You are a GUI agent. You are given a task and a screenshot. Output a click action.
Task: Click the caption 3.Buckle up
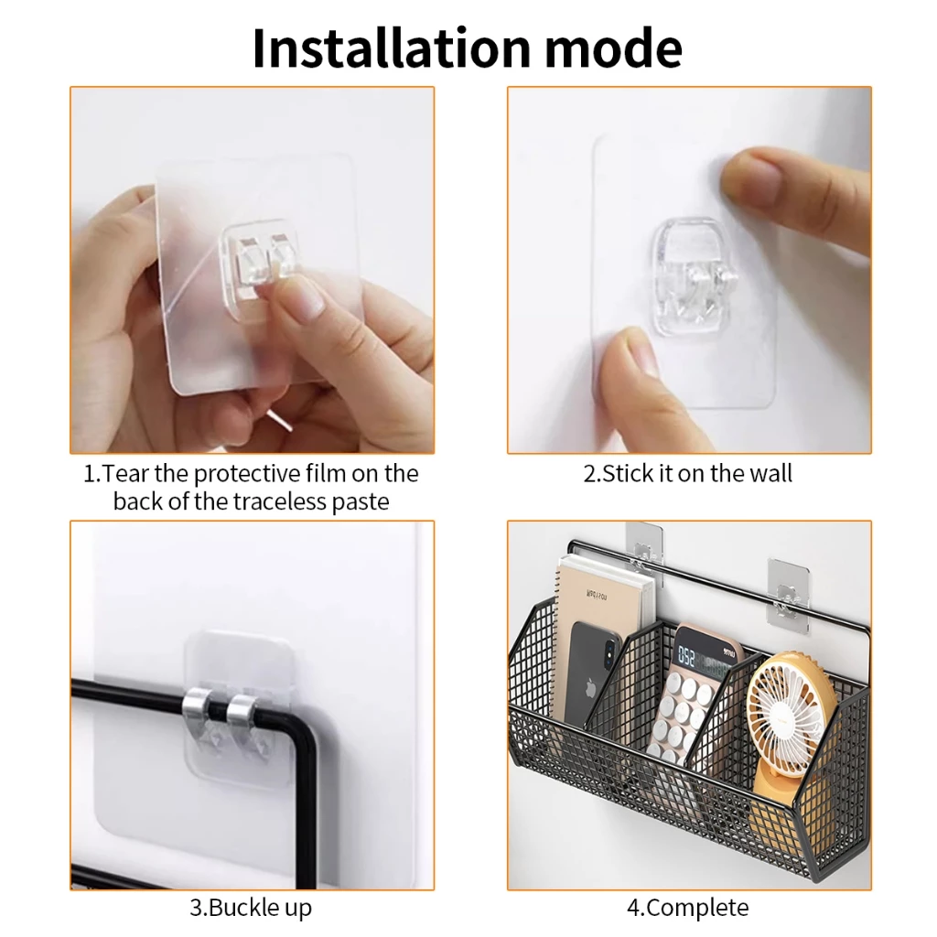click(251, 908)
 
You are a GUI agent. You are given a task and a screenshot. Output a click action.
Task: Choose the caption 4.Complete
click(687, 908)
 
